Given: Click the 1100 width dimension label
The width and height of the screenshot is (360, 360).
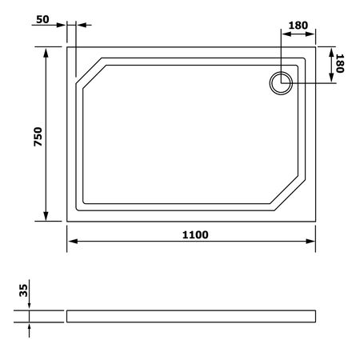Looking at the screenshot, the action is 195,235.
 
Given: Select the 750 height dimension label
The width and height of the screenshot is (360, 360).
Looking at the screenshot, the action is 38,137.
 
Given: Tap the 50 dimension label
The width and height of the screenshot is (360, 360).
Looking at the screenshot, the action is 42,19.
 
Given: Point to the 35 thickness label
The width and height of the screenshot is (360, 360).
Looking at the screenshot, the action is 23,290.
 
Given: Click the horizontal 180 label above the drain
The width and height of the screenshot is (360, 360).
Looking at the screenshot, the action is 298,26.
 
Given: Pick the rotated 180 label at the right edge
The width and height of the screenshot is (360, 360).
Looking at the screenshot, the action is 340,63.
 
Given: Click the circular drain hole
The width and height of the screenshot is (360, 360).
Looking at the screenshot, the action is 281,83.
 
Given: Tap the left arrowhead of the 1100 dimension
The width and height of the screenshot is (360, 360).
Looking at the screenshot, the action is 73,242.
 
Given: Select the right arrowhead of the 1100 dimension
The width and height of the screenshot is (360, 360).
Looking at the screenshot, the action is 310,242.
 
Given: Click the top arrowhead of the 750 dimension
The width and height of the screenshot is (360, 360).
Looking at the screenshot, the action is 46,53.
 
